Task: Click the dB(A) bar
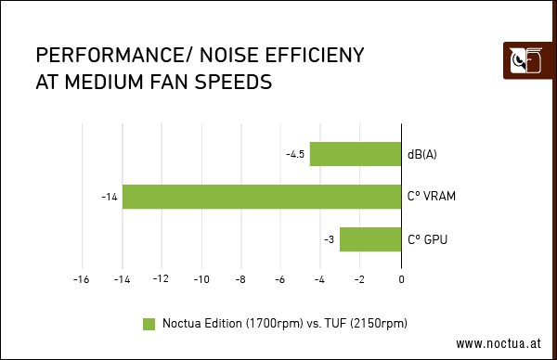356,154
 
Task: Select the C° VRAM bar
262,197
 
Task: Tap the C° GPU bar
370,239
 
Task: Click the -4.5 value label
295,154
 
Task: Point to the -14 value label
110,197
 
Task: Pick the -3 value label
329,239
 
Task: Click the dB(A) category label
421,154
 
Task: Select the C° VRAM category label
431,197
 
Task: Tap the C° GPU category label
427,239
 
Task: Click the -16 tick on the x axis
82,278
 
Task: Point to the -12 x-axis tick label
162,278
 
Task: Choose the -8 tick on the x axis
241,278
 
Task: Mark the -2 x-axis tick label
361,278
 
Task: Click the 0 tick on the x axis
402,278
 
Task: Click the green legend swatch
149,323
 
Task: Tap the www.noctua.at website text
498,342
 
